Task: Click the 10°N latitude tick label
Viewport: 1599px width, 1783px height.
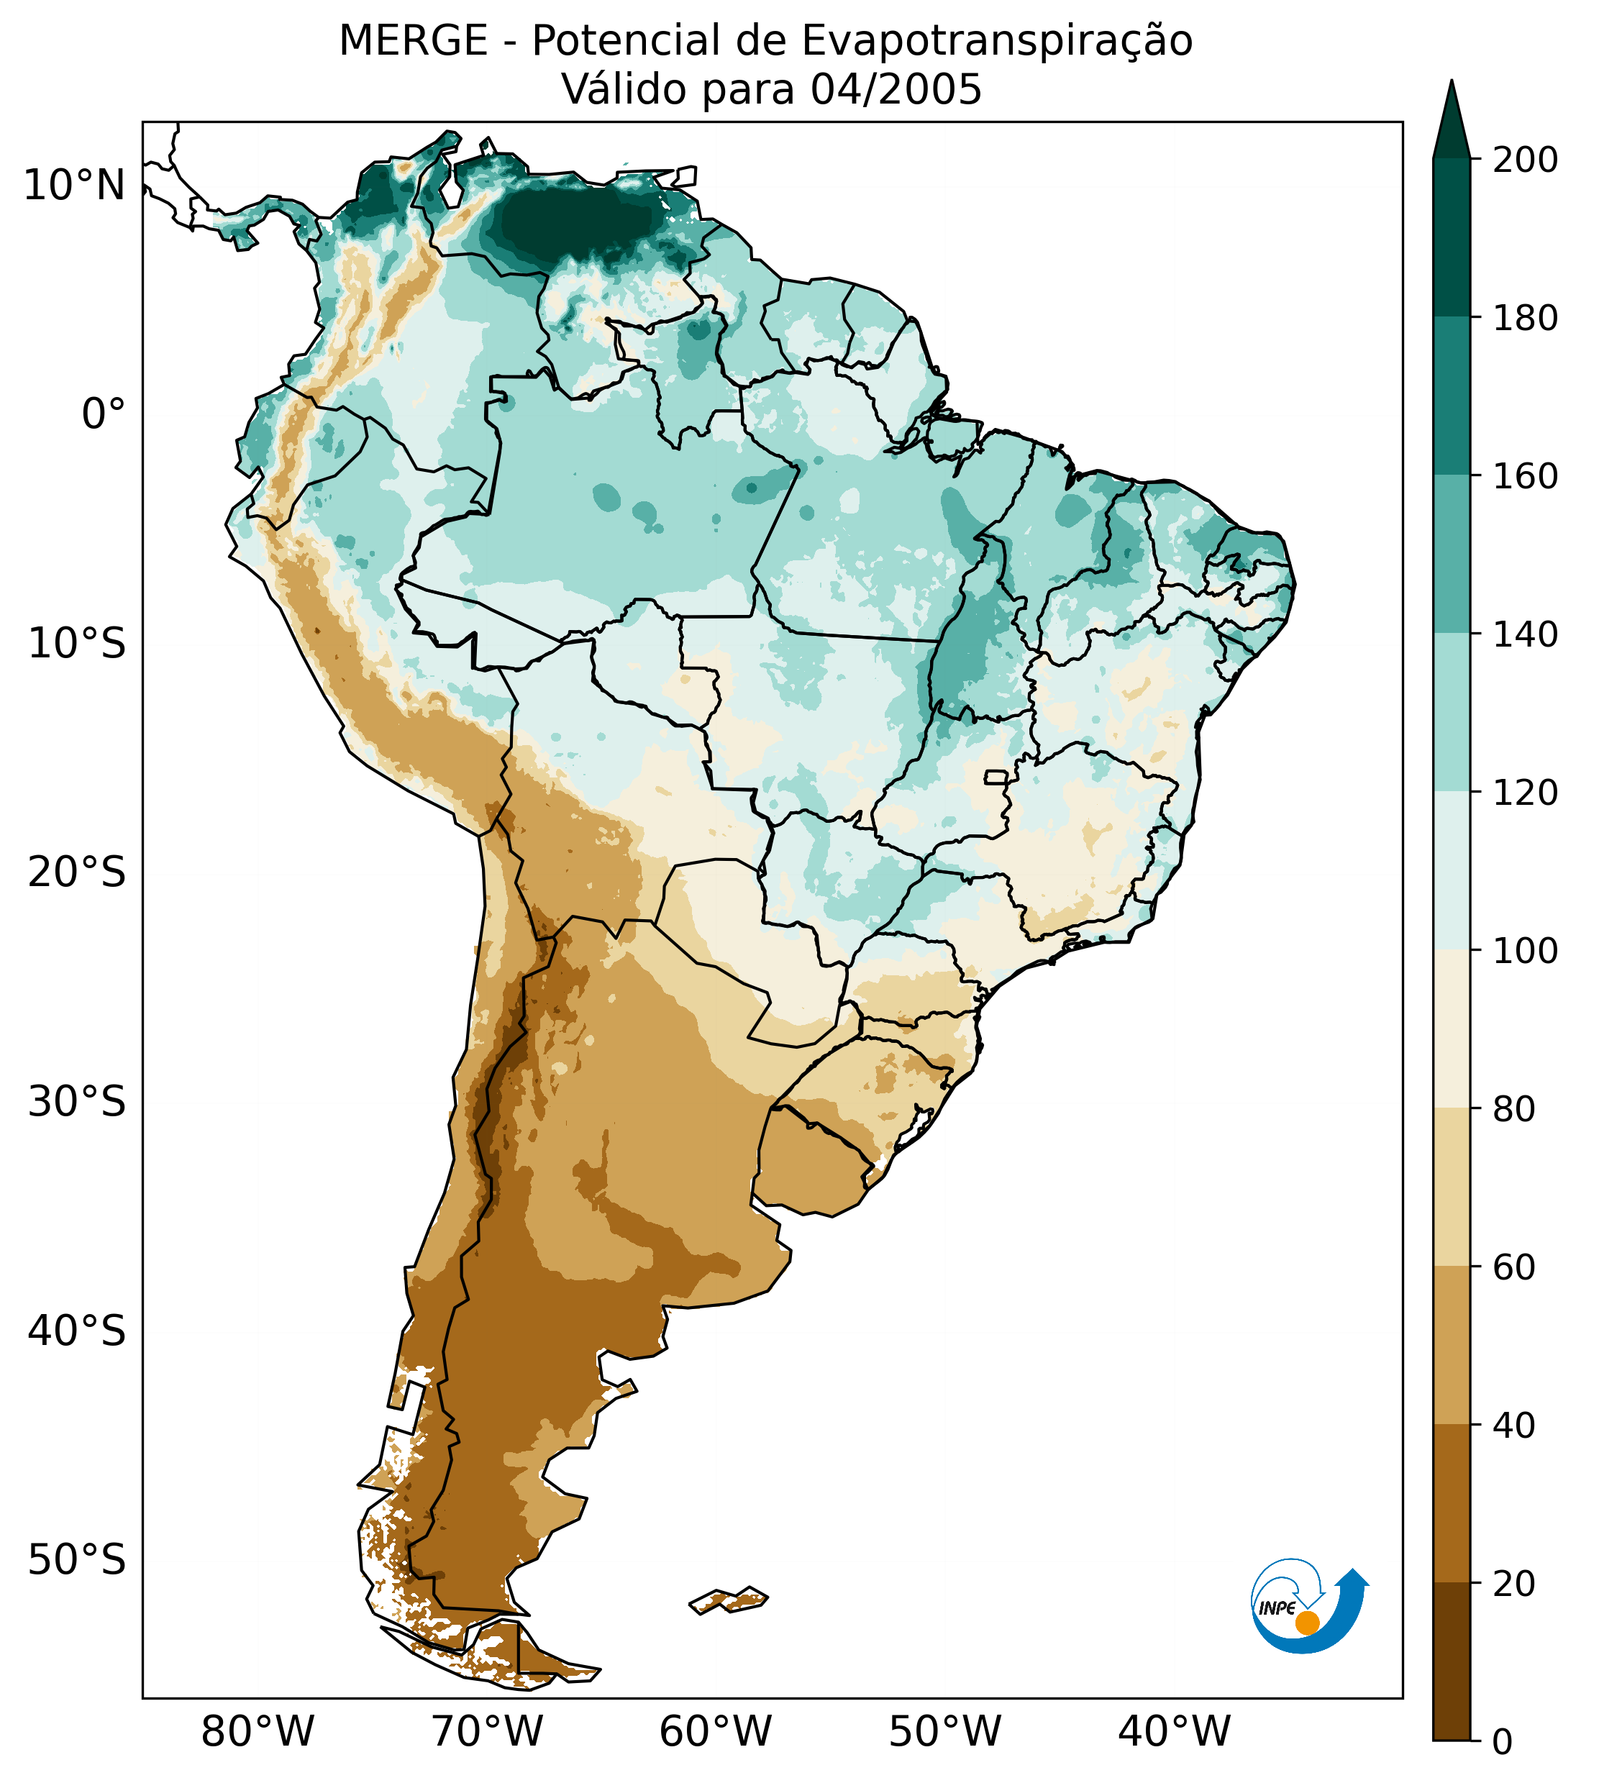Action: click(x=74, y=186)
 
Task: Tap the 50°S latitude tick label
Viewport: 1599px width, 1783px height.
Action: click(x=77, y=1560)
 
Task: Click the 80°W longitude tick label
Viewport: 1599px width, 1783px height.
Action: click(x=258, y=1732)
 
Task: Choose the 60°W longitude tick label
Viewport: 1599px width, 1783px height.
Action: click(x=716, y=1732)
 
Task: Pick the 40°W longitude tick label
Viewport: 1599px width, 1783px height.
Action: click(x=1175, y=1732)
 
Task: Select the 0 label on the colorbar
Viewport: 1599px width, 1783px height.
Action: click(x=1503, y=1743)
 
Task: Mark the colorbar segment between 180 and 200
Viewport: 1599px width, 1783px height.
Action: click(x=1452, y=237)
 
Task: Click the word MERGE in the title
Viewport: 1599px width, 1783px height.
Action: click(x=413, y=41)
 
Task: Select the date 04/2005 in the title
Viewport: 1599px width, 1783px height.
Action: click(x=896, y=90)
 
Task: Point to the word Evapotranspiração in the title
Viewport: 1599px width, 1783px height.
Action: click(x=997, y=41)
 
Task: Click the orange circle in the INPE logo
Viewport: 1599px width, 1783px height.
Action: click(x=1307, y=1623)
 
